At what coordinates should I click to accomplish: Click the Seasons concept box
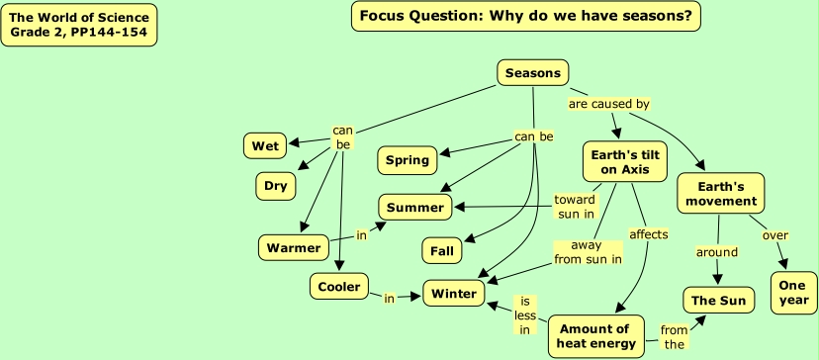(533, 72)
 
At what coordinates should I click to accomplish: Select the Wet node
(265, 145)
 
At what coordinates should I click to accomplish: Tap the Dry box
(276, 186)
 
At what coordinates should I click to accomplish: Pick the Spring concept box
(408, 160)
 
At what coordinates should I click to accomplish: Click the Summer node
(415, 208)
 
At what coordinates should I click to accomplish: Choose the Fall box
(442, 251)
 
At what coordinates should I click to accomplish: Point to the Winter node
(454, 293)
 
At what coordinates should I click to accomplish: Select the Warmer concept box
(294, 247)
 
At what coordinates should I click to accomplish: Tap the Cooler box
(339, 287)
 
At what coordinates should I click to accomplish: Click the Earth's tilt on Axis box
(625, 161)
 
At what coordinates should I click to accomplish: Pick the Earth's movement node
(721, 193)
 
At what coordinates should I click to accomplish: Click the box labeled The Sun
(719, 300)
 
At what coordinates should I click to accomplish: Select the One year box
(793, 293)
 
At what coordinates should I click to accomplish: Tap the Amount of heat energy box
(596, 336)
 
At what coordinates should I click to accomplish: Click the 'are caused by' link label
(609, 104)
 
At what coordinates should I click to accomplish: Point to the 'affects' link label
(649, 234)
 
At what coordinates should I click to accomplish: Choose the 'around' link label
(716, 252)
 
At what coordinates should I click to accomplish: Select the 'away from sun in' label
(588, 252)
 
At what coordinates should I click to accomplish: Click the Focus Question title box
(526, 16)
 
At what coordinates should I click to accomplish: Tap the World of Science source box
(79, 25)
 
